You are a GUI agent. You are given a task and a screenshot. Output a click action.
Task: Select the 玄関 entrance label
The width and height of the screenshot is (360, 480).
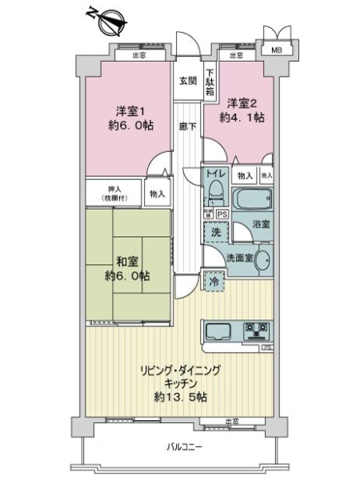click(x=188, y=81)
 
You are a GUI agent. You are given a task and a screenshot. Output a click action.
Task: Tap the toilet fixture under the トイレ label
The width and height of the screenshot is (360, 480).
click(x=216, y=193)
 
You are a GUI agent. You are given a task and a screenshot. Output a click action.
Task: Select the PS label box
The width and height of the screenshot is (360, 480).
click(x=222, y=214)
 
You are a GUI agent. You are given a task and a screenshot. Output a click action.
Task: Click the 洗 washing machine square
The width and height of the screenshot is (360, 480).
click(x=215, y=231)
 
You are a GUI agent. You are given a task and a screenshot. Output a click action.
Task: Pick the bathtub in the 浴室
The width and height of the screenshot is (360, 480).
click(x=252, y=198)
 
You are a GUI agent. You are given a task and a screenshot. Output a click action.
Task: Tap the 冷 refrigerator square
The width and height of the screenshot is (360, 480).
click(x=214, y=281)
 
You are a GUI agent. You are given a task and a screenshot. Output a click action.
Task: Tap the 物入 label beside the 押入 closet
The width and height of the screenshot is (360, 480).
click(x=157, y=193)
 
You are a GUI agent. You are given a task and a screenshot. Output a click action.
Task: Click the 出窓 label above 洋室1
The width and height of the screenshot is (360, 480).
click(x=139, y=55)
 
